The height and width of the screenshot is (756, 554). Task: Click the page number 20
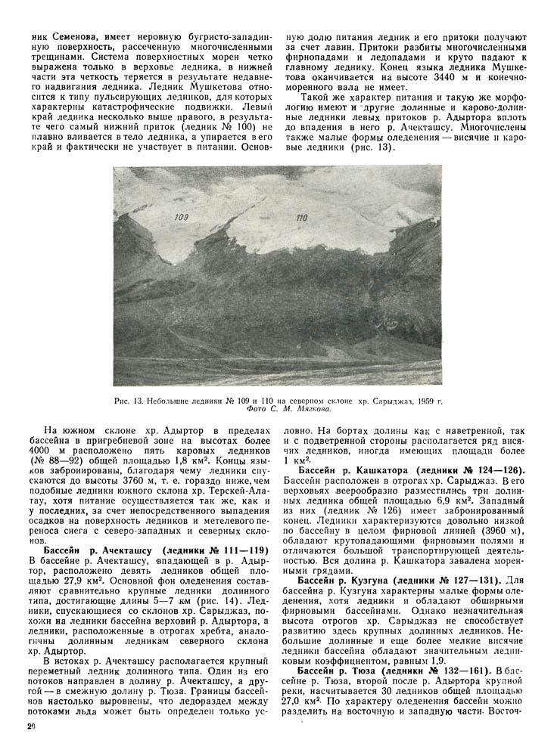(30, 727)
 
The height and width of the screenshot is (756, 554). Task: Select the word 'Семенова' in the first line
(79, 35)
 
